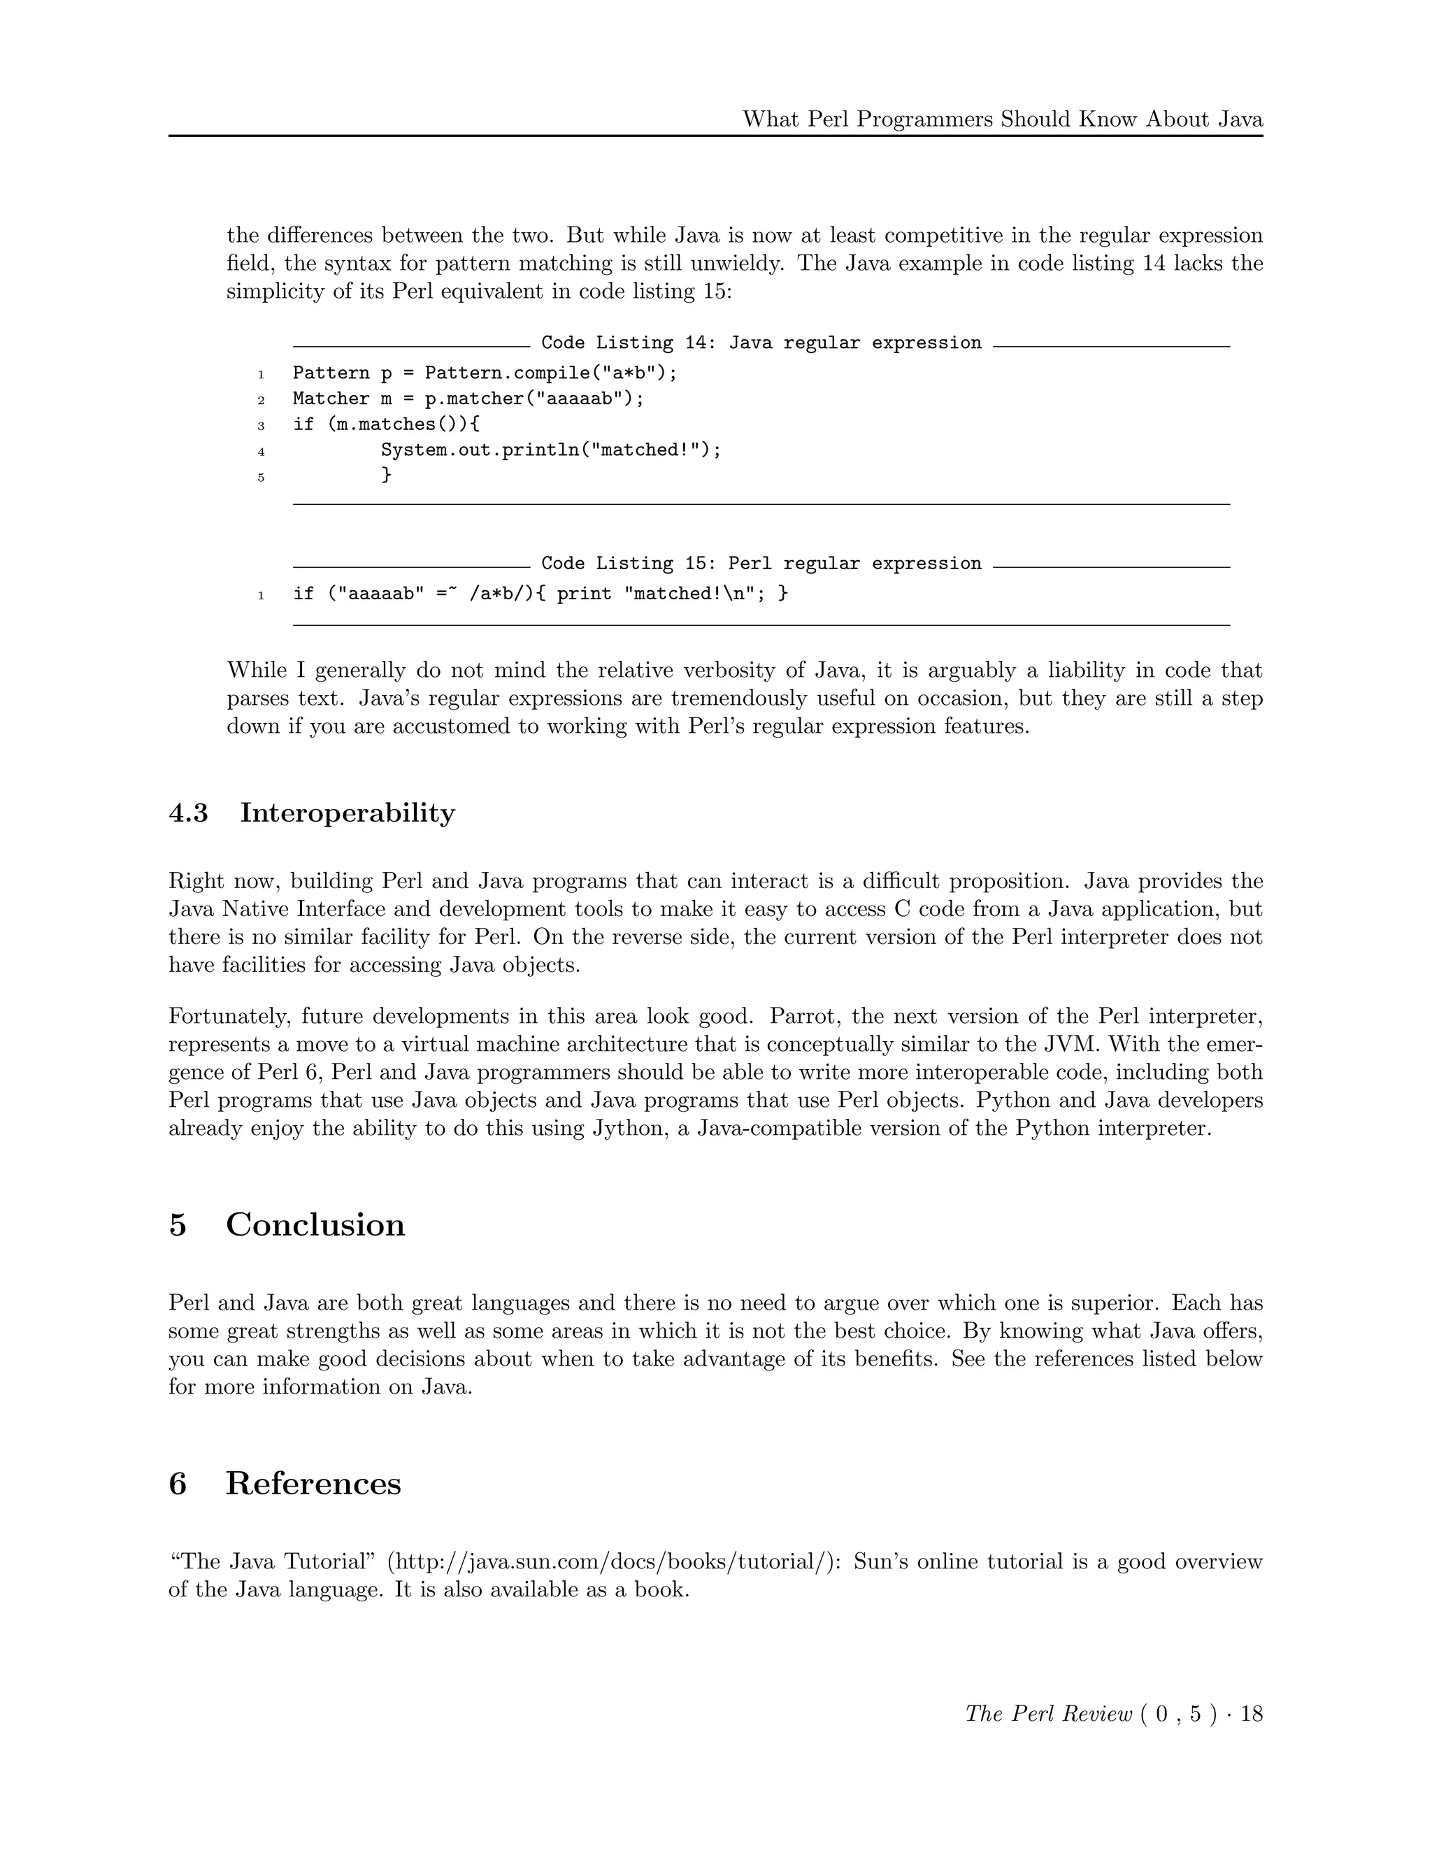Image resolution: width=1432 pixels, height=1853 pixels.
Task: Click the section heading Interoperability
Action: coord(347,813)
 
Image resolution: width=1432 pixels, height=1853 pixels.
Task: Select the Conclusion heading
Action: coord(315,1225)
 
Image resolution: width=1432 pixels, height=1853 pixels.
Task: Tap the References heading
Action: coord(313,1484)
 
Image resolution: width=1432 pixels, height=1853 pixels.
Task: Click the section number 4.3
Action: coord(188,813)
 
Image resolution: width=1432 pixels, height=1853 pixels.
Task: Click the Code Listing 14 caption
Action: coord(761,343)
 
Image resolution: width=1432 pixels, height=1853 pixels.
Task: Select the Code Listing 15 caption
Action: coord(761,564)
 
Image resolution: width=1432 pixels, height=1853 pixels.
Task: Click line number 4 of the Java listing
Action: coord(262,452)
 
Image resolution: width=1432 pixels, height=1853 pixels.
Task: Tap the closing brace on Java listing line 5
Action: coord(386,474)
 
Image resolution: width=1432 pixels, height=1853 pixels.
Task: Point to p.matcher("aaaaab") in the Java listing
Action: coord(528,399)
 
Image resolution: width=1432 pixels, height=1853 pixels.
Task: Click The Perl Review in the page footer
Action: coord(1049,1714)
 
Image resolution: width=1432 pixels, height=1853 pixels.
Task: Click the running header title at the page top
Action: coord(1002,119)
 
